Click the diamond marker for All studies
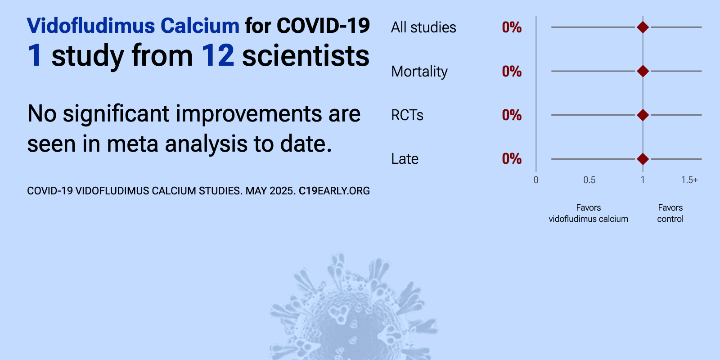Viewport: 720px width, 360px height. coord(643,27)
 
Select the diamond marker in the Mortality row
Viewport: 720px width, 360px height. coord(643,71)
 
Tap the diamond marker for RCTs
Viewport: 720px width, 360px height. coord(643,115)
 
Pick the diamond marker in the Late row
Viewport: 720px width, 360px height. coord(643,159)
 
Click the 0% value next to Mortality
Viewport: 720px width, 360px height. coord(512,72)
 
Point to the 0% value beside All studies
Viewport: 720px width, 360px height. coord(512,27)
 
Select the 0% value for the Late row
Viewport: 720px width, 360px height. coord(512,159)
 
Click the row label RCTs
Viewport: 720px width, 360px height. coord(407,115)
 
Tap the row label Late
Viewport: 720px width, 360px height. coord(405,159)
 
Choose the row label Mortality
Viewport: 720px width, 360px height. coord(419,72)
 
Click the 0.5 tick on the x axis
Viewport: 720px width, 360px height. coord(589,180)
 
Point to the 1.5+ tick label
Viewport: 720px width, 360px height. coord(689,180)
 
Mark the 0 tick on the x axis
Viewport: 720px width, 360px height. coord(536,180)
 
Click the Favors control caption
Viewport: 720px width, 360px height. coord(670,213)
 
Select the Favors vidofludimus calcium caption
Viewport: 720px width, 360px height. coord(588,213)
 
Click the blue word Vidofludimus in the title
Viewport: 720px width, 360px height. coord(91,26)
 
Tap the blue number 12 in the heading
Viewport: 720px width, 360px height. coord(218,56)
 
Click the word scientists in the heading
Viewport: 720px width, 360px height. coord(306,56)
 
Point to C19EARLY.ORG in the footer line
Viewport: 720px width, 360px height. coord(334,191)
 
